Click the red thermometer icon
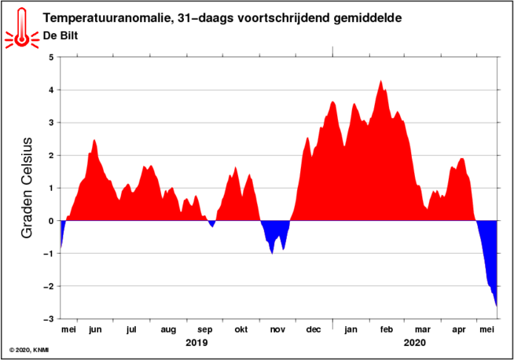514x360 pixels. click(22, 28)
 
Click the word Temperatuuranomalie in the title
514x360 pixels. click(107, 18)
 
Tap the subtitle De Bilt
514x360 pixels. click(61, 35)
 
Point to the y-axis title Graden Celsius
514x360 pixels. click(27, 188)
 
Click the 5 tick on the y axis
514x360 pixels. click(51, 57)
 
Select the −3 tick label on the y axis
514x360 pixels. click(49, 319)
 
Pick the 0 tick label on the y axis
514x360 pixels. click(51, 221)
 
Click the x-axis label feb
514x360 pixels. click(387, 329)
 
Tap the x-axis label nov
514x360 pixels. click(277, 330)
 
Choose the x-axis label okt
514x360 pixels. click(241, 329)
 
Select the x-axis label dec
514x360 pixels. click(314, 329)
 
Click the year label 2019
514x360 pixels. click(196, 343)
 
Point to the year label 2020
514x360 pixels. click(415, 343)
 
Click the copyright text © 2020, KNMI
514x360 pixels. click(29, 350)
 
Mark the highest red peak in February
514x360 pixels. click(380, 81)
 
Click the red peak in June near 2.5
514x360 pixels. click(94, 141)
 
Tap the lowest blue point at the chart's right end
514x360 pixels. click(496, 306)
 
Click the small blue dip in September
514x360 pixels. click(212, 223)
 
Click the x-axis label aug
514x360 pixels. click(168, 330)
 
